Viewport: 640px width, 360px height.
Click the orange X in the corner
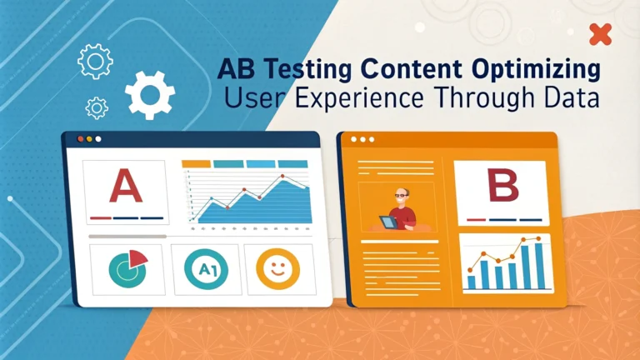pos(600,34)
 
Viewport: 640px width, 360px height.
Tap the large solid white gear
pos(150,95)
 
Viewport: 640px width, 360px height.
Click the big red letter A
pos(126,186)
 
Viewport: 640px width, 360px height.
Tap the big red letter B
pos(502,185)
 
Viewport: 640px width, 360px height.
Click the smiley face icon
pos(277,269)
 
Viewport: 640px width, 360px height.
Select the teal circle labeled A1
pos(206,269)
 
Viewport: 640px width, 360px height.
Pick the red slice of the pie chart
pos(137,258)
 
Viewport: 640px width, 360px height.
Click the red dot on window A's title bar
pos(80,139)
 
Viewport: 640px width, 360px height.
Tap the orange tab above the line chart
pos(196,163)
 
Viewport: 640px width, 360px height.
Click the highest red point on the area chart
pos(282,177)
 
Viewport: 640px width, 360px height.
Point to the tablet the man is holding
pos(387,222)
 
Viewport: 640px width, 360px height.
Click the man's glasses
pos(401,196)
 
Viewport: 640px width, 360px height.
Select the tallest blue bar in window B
pos(540,266)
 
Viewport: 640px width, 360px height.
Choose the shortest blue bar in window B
pos(471,282)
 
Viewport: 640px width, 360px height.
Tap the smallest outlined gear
pos(97,108)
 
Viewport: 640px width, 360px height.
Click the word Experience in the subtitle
pos(359,98)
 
